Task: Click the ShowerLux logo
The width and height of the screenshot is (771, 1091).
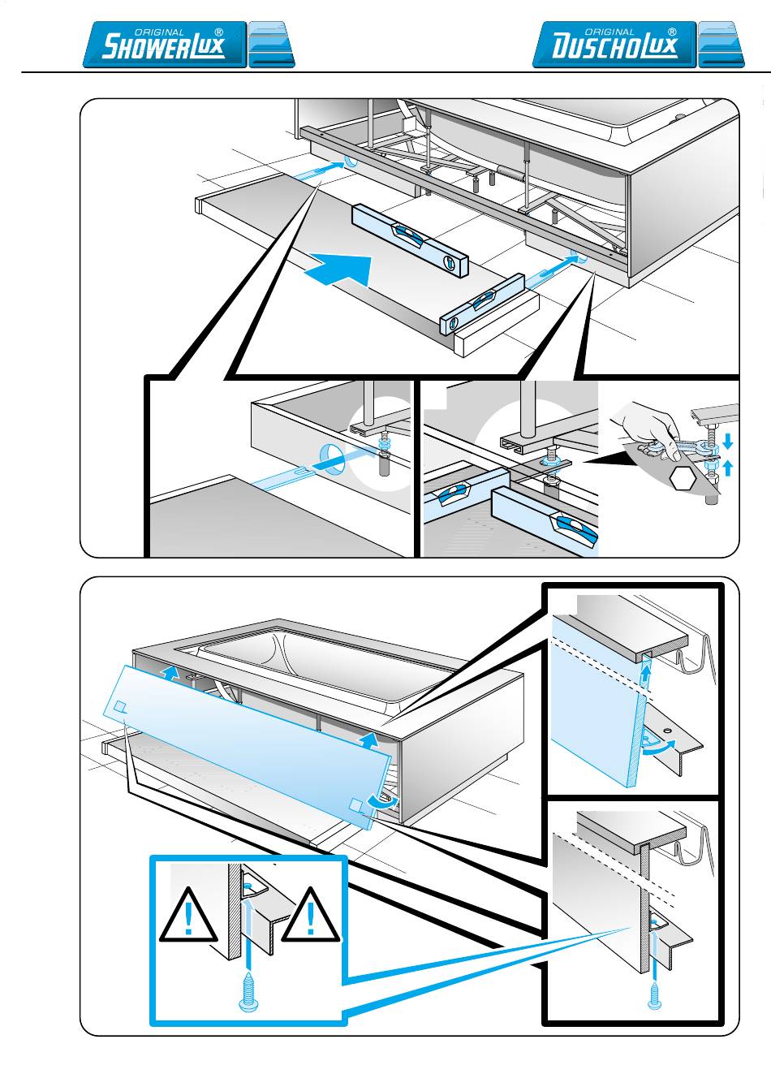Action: pos(165,45)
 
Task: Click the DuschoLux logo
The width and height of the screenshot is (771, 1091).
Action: pos(614,45)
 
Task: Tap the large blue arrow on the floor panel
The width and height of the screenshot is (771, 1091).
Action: pos(339,271)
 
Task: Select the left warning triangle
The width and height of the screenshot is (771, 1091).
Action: pos(188,917)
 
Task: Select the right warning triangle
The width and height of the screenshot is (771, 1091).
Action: pos(311,917)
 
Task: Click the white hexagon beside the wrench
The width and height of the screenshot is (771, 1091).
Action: pos(684,479)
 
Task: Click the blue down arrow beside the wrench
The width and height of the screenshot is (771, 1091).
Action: pos(727,440)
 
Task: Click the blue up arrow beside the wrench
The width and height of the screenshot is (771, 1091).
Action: pos(727,467)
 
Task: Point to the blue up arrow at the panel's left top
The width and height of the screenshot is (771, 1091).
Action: pos(169,671)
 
